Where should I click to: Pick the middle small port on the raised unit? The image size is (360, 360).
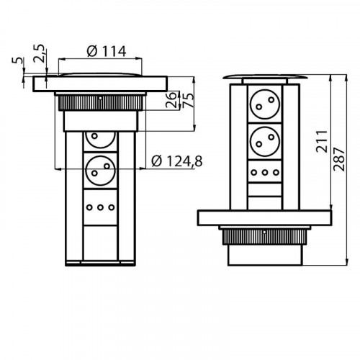(x=264, y=174)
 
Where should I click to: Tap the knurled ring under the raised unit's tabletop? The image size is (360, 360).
(x=264, y=235)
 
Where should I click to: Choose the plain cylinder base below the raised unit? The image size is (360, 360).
(x=264, y=253)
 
